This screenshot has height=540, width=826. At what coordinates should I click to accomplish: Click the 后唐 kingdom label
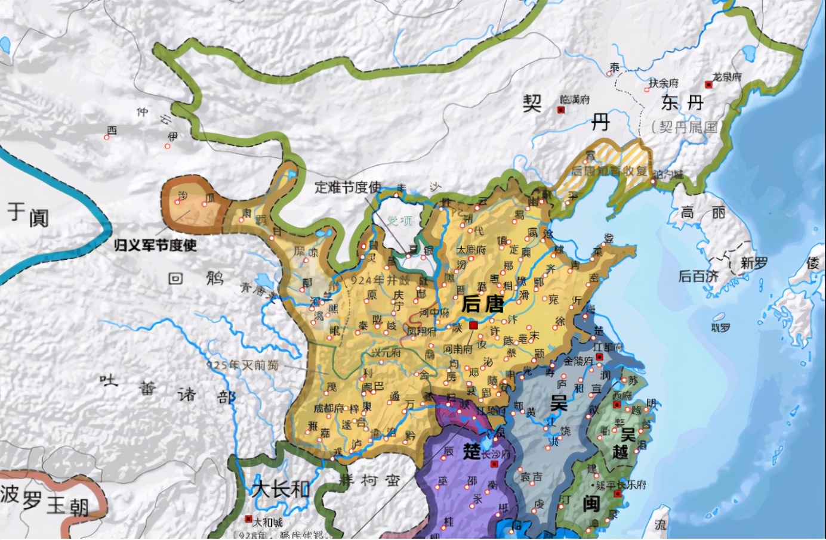pyautogui.click(x=482, y=304)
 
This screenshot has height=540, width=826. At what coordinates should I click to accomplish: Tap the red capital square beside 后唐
pyautogui.click(x=473, y=325)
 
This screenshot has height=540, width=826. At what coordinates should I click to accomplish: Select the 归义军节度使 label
pyautogui.click(x=155, y=245)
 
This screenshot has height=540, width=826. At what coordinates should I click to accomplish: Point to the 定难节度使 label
pyautogui.click(x=348, y=187)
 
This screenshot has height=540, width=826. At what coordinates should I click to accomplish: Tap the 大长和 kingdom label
pyautogui.click(x=281, y=489)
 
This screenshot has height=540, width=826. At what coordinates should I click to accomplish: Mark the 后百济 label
pyautogui.click(x=698, y=276)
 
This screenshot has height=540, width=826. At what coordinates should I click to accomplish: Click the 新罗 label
pyautogui.click(x=754, y=263)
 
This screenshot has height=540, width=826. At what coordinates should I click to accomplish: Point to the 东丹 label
pyautogui.click(x=683, y=103)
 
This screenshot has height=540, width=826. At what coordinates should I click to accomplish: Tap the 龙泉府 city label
pyautogui.click(x=727, y=77)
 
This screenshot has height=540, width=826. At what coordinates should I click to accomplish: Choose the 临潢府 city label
pyautogui.click(x=575, y=100)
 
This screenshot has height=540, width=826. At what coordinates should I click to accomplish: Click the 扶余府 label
pyautogui.click(x=664, y=83)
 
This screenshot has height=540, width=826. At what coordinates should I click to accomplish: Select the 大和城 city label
pyautogui.click(x=267, y=522)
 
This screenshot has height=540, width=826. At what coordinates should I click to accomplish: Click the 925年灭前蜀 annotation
pyautogui.click(x=242, y=365)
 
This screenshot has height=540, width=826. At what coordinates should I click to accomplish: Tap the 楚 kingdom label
pyautogui.click(x=471, y=451)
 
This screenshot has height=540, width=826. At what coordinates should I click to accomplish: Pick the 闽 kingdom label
pyautogui.click(x=591, y=504)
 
